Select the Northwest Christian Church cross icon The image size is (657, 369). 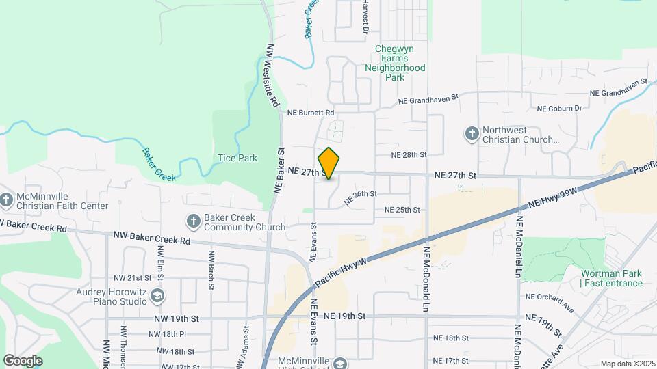[472, 134]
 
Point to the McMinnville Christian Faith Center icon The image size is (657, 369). [7, 200]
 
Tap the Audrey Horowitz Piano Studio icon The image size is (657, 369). [157, 295]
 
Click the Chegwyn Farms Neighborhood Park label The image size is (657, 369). [395, 63]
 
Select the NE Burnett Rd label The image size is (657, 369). [311, 113]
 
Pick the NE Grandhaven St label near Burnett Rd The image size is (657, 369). [428, 100]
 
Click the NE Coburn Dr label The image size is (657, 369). [559, 109]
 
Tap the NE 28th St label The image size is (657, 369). [409, 156]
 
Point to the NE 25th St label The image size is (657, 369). [402, 210]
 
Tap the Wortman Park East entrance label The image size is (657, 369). [612, 279]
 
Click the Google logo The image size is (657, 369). [23, 360]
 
